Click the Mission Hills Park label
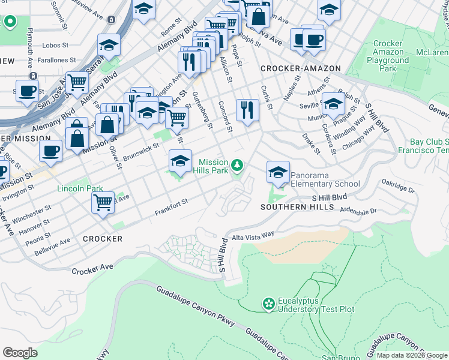pyautogui.click(x=213, y=166)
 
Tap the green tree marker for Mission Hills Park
pyautogui.click(x=238, y=164)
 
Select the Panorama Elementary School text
pyautogui.click(x=325, y=180)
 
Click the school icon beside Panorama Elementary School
pyautogui.click(x=277, y=173)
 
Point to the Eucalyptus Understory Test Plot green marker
pyautogui.click(x=268, y=305)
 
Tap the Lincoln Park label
pyautogui.click(x=80, y=188)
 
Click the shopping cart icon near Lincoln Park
pyautogui.click(x=103, y=202)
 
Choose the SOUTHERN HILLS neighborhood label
pyautogui.click(x=297, y=207)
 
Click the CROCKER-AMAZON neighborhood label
pyautogui.click(x=301, y=69)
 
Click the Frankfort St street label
pyautogui.click(x=172, y=207)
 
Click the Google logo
pyautogui.click(x=20, y=353)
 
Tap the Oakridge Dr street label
pyautogui.click(x=399, y=190)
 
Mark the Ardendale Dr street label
pyautogui.click(x=358, y=211)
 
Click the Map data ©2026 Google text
pyautogui.click(x=412, y=355)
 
